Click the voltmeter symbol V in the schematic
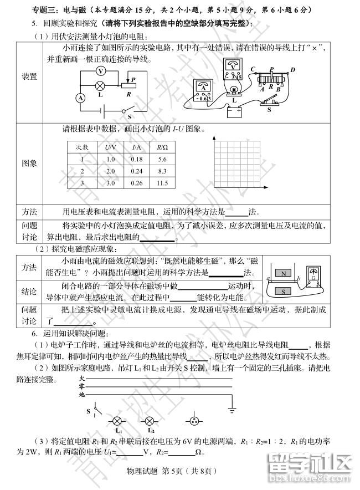[100, 71]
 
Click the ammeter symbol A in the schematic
[81, 98]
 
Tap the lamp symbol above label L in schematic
[100, 85]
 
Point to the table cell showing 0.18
[136, 159]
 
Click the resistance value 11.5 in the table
[162, 183]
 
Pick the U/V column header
[110, 147]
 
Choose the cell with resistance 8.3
[162, 171]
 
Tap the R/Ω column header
[162, 147]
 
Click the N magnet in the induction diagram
[284, 273]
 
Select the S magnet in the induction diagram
[284, 291]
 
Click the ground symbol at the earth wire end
[232, 411]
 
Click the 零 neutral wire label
[81, 386]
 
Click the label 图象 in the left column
[29, 164]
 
